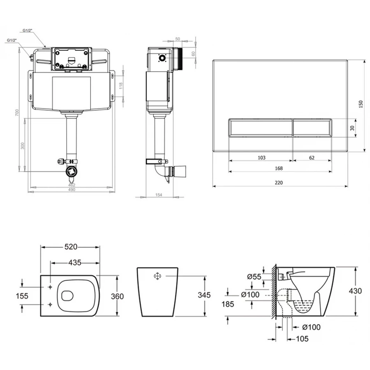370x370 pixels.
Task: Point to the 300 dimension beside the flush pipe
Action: coord(23,146)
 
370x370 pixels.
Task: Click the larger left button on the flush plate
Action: coord(260,128)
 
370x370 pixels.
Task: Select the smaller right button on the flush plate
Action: coord(312,128)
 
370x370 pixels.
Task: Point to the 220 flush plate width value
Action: coord(280,183)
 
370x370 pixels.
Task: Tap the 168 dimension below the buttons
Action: coord(280,168)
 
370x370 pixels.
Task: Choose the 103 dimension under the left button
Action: coord(261,158)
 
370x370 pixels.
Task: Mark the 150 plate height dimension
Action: coord(361,105)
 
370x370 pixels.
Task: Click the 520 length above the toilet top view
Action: coord(70,247)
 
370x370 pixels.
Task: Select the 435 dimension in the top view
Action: coord(74,262)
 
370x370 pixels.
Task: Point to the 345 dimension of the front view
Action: coord(203,295)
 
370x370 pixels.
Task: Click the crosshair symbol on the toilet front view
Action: coord(157,277)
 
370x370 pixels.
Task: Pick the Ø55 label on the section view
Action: coord(254,277)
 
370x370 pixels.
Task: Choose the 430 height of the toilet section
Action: coord(355,291)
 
